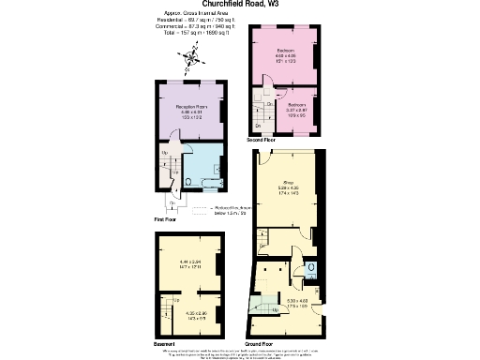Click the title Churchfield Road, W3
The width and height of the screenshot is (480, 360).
tap(239, 5)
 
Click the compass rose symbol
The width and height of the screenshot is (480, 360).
tap(191, 61)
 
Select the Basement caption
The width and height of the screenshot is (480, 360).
tap(167, 342)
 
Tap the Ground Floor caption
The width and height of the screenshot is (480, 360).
tap(268, 343)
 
